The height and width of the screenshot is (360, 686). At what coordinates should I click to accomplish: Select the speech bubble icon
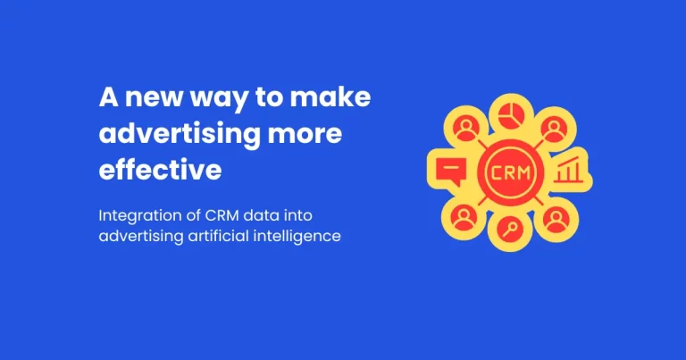click(448, 170)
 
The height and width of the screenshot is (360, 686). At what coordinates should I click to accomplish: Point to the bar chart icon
click(567, 170)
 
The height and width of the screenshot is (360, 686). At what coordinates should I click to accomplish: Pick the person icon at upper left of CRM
click(464, 130)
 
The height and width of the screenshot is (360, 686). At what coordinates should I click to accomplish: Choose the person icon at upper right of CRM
click(554, 130)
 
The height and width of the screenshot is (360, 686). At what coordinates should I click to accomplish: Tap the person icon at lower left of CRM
click(464, 214)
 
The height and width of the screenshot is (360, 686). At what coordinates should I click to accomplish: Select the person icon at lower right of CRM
click(554, 214)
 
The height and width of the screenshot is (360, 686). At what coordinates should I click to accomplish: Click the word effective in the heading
click(160, 170)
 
